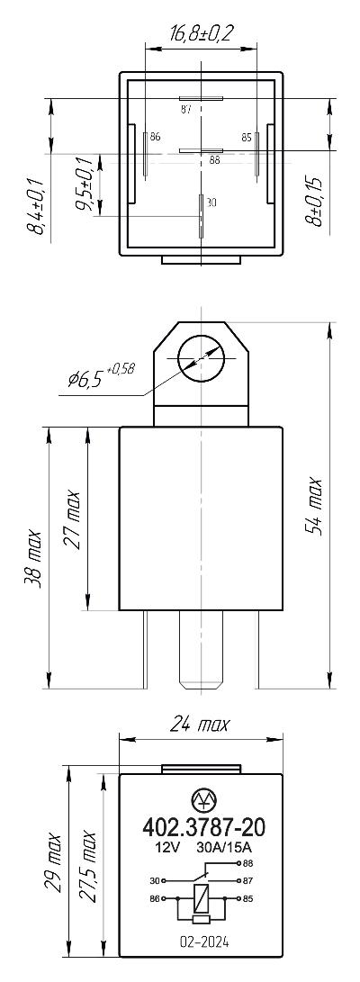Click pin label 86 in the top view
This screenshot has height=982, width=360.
point(156,136)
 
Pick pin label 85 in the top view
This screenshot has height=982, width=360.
point(246,136)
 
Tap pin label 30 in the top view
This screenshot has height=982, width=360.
point(211,203)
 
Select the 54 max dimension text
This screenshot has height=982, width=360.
point(314,507)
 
